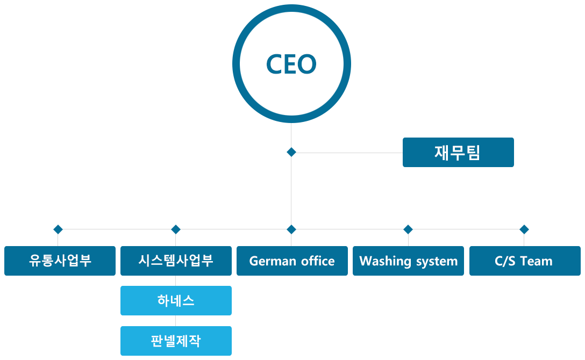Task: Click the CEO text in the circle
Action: [291, 64]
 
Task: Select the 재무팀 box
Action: [458, 152]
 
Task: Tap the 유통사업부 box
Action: [60, 261]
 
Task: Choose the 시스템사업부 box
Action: [176, 261]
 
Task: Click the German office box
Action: [292, 261]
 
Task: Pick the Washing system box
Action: [408, 261]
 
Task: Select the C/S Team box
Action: [524, 261]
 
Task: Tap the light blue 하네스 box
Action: [176, 300]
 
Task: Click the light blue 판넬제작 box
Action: [176, 341]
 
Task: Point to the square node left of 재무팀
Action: [291, 152]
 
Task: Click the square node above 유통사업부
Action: [58, 229]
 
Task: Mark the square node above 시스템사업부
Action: [176, 229]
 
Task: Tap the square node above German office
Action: [291, 229]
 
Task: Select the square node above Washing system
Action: [408, 229]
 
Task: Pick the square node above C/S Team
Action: [524, 229]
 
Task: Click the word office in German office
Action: [317, 261]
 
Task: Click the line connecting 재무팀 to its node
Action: [349, 153]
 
